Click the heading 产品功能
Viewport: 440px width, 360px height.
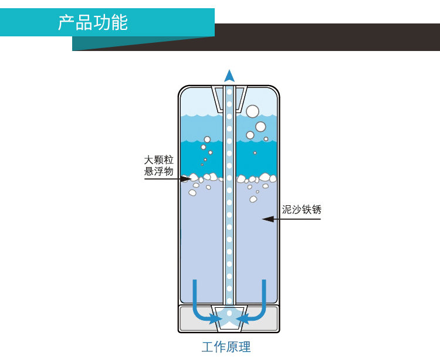click(93, 22)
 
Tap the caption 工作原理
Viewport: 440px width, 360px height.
click(226, 347)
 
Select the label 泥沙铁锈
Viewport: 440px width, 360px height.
click(302, 209)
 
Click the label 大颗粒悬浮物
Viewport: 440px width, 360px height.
click(159, 165)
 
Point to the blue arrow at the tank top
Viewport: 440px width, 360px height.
click(229, 76)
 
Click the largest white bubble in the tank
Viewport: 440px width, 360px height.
click(252, 111)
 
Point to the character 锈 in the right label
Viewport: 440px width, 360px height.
click(317, 209)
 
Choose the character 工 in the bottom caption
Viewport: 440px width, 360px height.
click(208, 347)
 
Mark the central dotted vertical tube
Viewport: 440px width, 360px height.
click(229, 193)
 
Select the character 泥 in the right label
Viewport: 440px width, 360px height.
click(287, 209)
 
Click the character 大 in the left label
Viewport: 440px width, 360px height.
click(149, 160)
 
